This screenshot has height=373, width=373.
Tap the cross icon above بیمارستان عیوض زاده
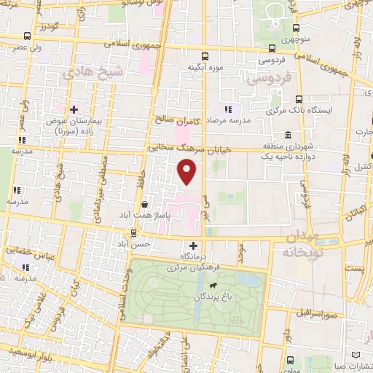[74, 109]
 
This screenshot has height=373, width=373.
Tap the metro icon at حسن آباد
[134, 232]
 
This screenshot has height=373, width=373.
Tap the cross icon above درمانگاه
[193, 246]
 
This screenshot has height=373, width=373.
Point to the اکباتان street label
[357, 213]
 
